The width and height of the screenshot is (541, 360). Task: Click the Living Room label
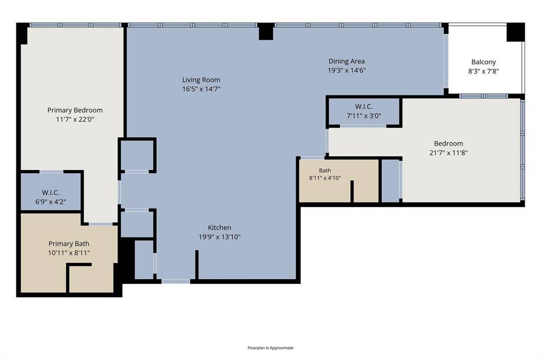click(201, 80)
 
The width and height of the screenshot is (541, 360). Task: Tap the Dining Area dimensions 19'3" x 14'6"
click(347, 70)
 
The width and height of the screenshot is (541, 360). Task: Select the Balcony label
click(483, 62)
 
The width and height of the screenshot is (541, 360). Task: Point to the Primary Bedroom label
click(75, 110)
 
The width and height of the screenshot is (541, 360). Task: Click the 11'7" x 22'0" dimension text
click(75, 120)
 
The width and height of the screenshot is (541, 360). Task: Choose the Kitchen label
click(219, 228)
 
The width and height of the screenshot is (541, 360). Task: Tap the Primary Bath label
click(69, 244)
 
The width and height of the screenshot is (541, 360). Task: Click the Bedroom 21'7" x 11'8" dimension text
click(449, 153)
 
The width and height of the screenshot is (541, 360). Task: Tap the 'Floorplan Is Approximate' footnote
click(270, 347)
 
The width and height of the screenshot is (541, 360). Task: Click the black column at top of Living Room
click(266, 32)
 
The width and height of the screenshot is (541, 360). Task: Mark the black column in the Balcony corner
click(516, 32)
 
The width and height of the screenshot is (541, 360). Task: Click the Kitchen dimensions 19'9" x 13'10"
click(219, 237)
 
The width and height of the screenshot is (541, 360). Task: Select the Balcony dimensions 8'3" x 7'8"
click(483, 71)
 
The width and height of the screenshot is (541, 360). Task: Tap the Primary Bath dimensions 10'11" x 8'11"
click(69, 253)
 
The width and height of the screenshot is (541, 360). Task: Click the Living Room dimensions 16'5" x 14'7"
click(201, 89)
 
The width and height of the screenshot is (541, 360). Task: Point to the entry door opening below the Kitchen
click(176, 281)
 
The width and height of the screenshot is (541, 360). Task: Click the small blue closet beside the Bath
click(390, 181)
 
